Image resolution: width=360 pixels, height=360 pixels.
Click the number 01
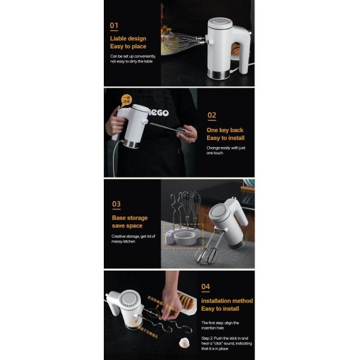tap(114, 26)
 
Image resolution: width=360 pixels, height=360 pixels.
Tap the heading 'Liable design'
tap(128, 38)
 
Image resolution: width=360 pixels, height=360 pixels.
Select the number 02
tap(211, 115)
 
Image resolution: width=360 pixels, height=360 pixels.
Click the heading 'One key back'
tap(225, 130)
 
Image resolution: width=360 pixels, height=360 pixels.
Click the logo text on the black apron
tap(158, 112)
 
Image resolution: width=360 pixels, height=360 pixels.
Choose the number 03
tap(116, 204)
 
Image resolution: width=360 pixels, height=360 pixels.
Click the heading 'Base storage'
tap(130, 218)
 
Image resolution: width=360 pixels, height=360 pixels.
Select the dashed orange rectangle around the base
tap(187, 236)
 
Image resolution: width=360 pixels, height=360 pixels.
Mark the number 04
tap(206, 287)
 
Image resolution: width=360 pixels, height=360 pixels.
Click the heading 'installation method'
tap(227, 301)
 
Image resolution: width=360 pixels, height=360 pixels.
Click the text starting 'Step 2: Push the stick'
tap(226, 344)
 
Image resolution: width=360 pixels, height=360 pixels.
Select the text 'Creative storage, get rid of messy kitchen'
tap(133, 239)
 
